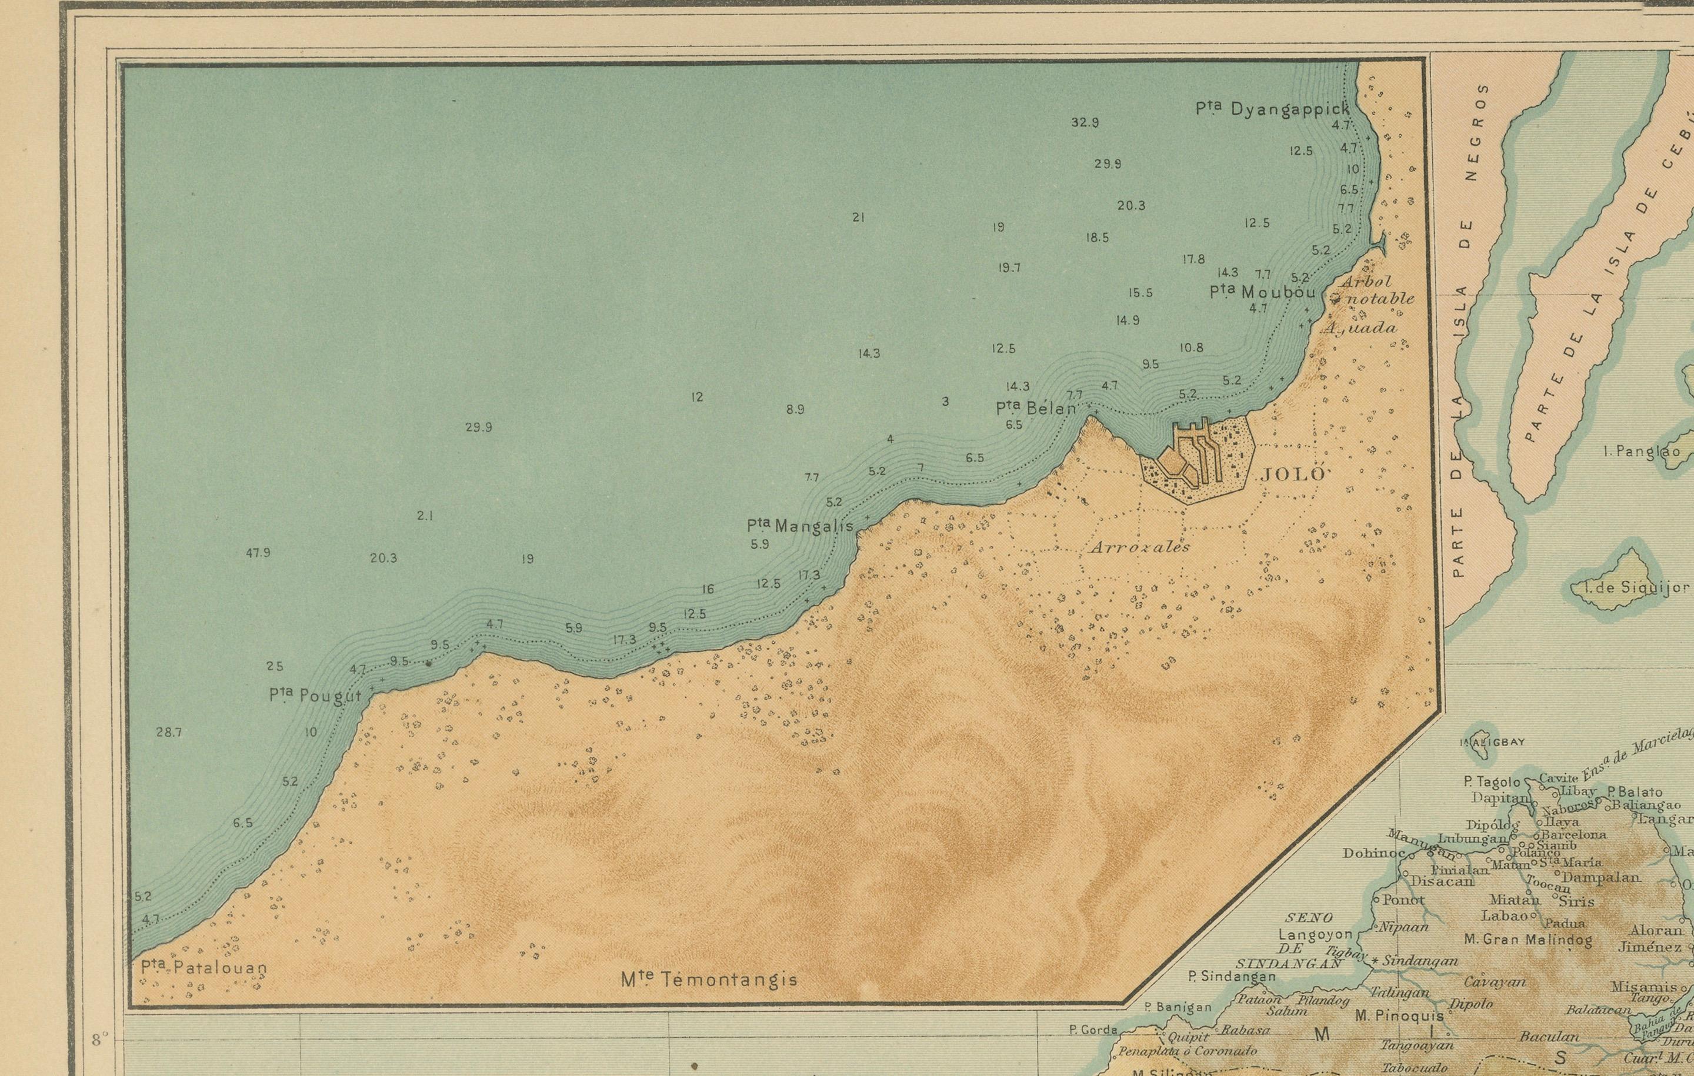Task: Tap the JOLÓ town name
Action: pyautogui.click(x=1292, y=474)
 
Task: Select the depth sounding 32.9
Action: pyautogui.click(x=1085, y=122)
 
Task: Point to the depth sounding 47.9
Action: pyautogui.click(x=258, y=553)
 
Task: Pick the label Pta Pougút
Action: pyautogui.click(x=315, y=696)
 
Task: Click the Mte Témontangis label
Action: pyautogui.click(x=709, y=980)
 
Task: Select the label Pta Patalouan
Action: pyautogui.click(x=204, y=968)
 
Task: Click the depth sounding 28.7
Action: pyautogui.click(x=169, y=732)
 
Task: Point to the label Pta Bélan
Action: pyautogui.click(x=1036, y=408)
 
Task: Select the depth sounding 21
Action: pyautogui.click(x=858, y=218)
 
